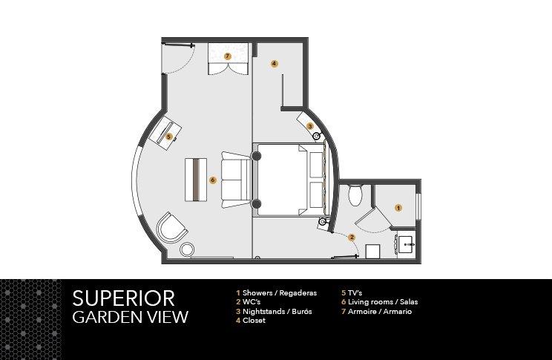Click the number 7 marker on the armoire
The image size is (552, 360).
(x=228, y=56)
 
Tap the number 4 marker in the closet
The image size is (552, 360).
(x=275, y=64)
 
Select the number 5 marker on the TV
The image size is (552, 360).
(x=169, y=137)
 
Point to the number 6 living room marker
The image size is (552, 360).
(x=212, y=180)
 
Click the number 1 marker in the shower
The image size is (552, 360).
(x=398, y=208)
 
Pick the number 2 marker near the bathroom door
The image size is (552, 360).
(x=352, y=238)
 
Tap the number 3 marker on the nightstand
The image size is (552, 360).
(x=310, y=125)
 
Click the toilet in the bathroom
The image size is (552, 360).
(x=355, y=195)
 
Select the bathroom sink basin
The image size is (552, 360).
(x=407, y=244)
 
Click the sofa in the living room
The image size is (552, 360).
(x=235, y=180)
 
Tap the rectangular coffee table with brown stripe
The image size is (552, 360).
(x=196, y=180)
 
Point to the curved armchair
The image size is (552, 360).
(x=171, y=228)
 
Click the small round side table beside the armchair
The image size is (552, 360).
(x=187, y=249)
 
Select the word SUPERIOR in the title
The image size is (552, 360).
(x=123, y=298)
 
